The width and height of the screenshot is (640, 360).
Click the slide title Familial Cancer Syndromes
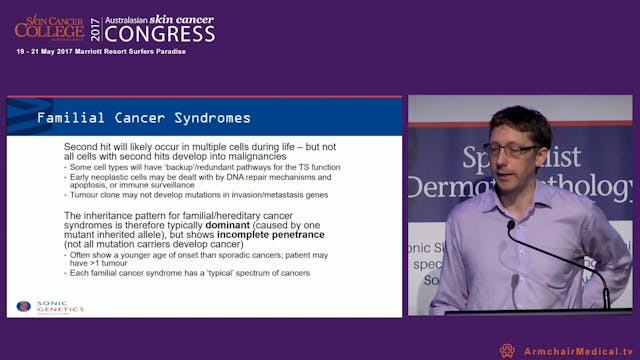tap(143, 118)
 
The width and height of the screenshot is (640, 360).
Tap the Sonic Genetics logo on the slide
tap(50, 306)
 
